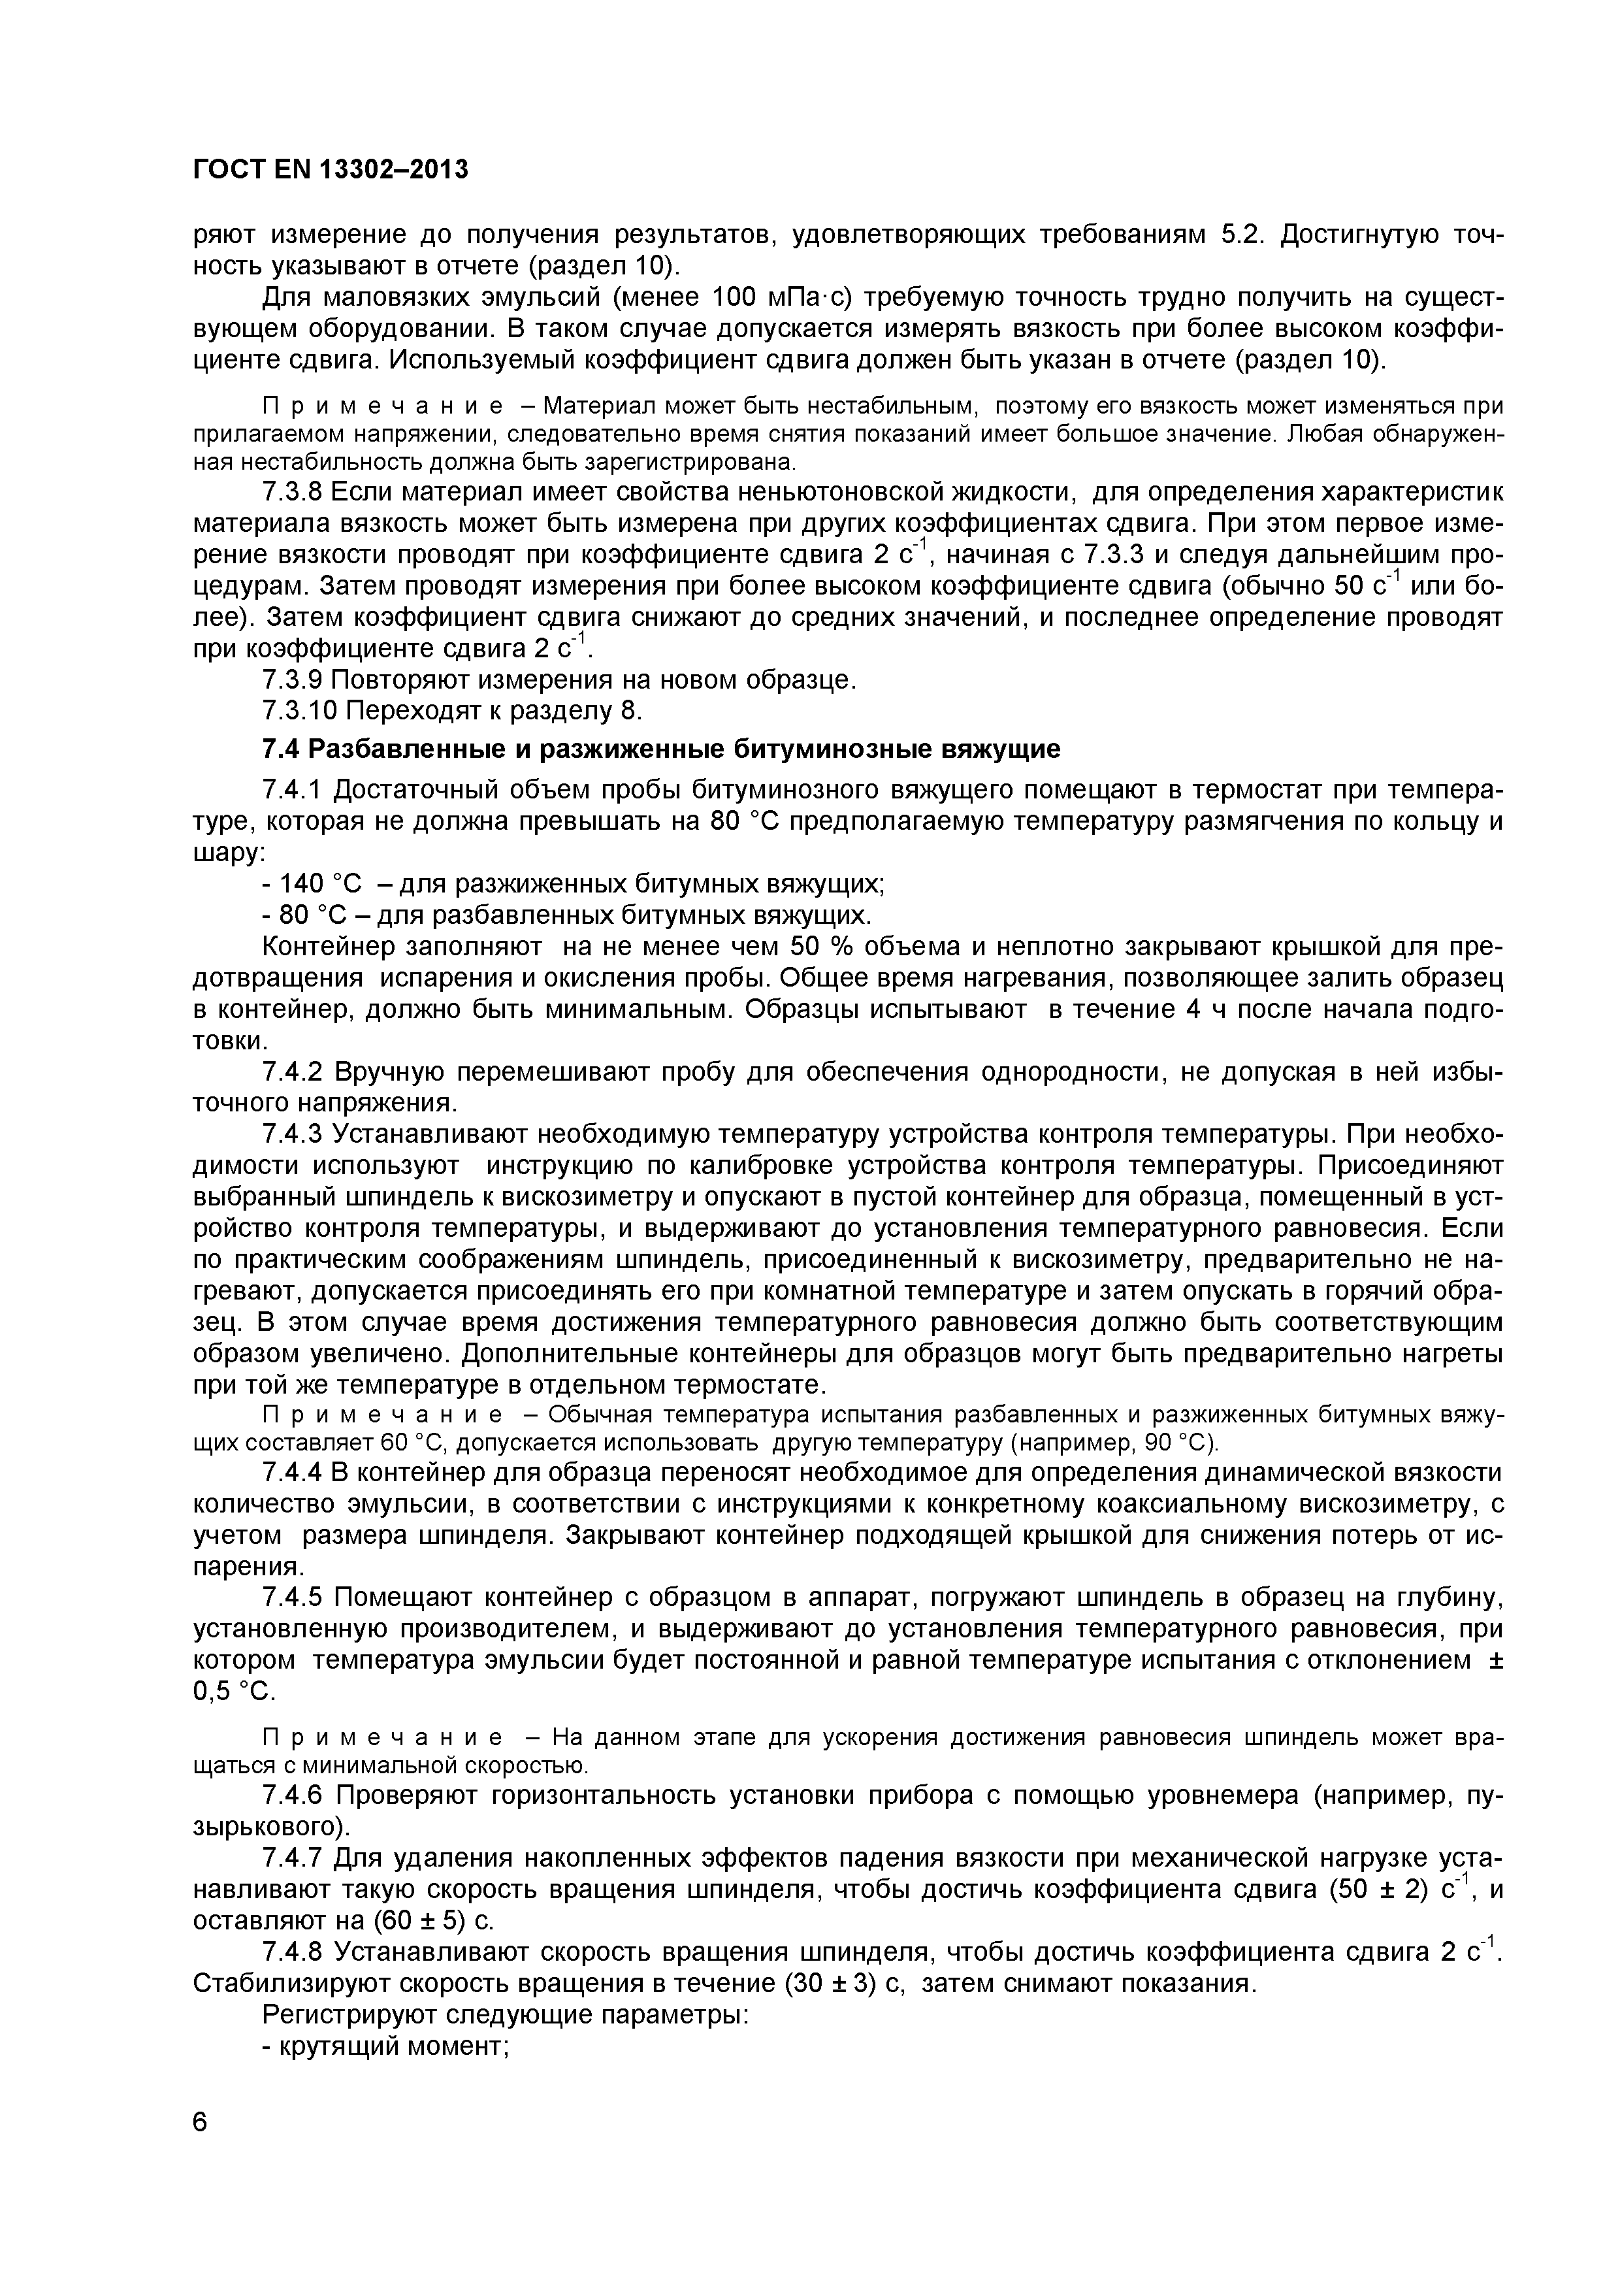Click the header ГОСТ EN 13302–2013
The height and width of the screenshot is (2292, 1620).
coord(331,170)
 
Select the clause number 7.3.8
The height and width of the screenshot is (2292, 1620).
coord(293,492)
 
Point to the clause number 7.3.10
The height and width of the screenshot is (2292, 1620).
coord(299,711)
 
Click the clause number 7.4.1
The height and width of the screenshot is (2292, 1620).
coord(293,790)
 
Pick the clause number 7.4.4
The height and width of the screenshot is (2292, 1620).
coord(293,1473)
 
